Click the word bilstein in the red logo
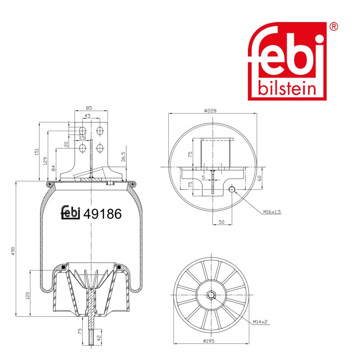287,88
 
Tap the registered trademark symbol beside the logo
333,27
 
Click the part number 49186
103,214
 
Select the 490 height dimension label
13,251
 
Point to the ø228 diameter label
210,111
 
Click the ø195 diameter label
209,341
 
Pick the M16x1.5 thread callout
272,211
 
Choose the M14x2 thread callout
260,322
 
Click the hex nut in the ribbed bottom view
211,295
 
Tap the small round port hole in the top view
232,189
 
